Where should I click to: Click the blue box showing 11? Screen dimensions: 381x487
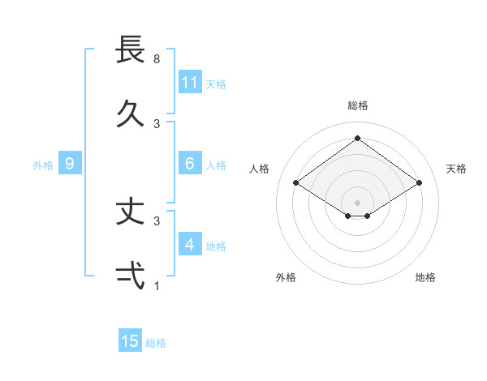tap(190, 83)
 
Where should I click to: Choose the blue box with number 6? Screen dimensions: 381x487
tap(190, 164)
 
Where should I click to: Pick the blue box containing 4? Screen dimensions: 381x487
tap(190, 244)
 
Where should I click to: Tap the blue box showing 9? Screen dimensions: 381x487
tap(70, 164)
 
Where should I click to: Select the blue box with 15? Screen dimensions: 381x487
tap(130, 341)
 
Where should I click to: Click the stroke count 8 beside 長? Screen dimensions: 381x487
tap(157, 59)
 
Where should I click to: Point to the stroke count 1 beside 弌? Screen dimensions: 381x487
tap(157, 285)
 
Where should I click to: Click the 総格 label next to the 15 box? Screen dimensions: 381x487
tap(156, 343)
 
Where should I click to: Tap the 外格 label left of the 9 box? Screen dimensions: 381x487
tap(43, 165)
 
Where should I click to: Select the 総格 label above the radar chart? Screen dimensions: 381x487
tap(357, 105)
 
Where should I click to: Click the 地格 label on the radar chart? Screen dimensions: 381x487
tap(425, 277)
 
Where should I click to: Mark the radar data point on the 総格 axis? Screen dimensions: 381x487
tap(357, 138)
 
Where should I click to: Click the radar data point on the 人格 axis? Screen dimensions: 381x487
tap(296, 183)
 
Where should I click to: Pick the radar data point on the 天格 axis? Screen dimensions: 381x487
tap(419, 183)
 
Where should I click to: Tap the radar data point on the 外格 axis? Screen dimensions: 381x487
tap(348, 216)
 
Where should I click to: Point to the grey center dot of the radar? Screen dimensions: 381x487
tap(357, 202)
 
